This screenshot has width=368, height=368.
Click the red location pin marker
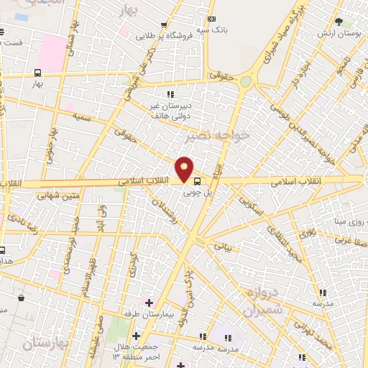click(185, 168)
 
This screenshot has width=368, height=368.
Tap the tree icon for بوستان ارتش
click(339, 22)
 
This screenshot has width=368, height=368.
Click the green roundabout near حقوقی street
click(246, 82)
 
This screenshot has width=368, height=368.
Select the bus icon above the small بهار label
click(37, 73)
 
